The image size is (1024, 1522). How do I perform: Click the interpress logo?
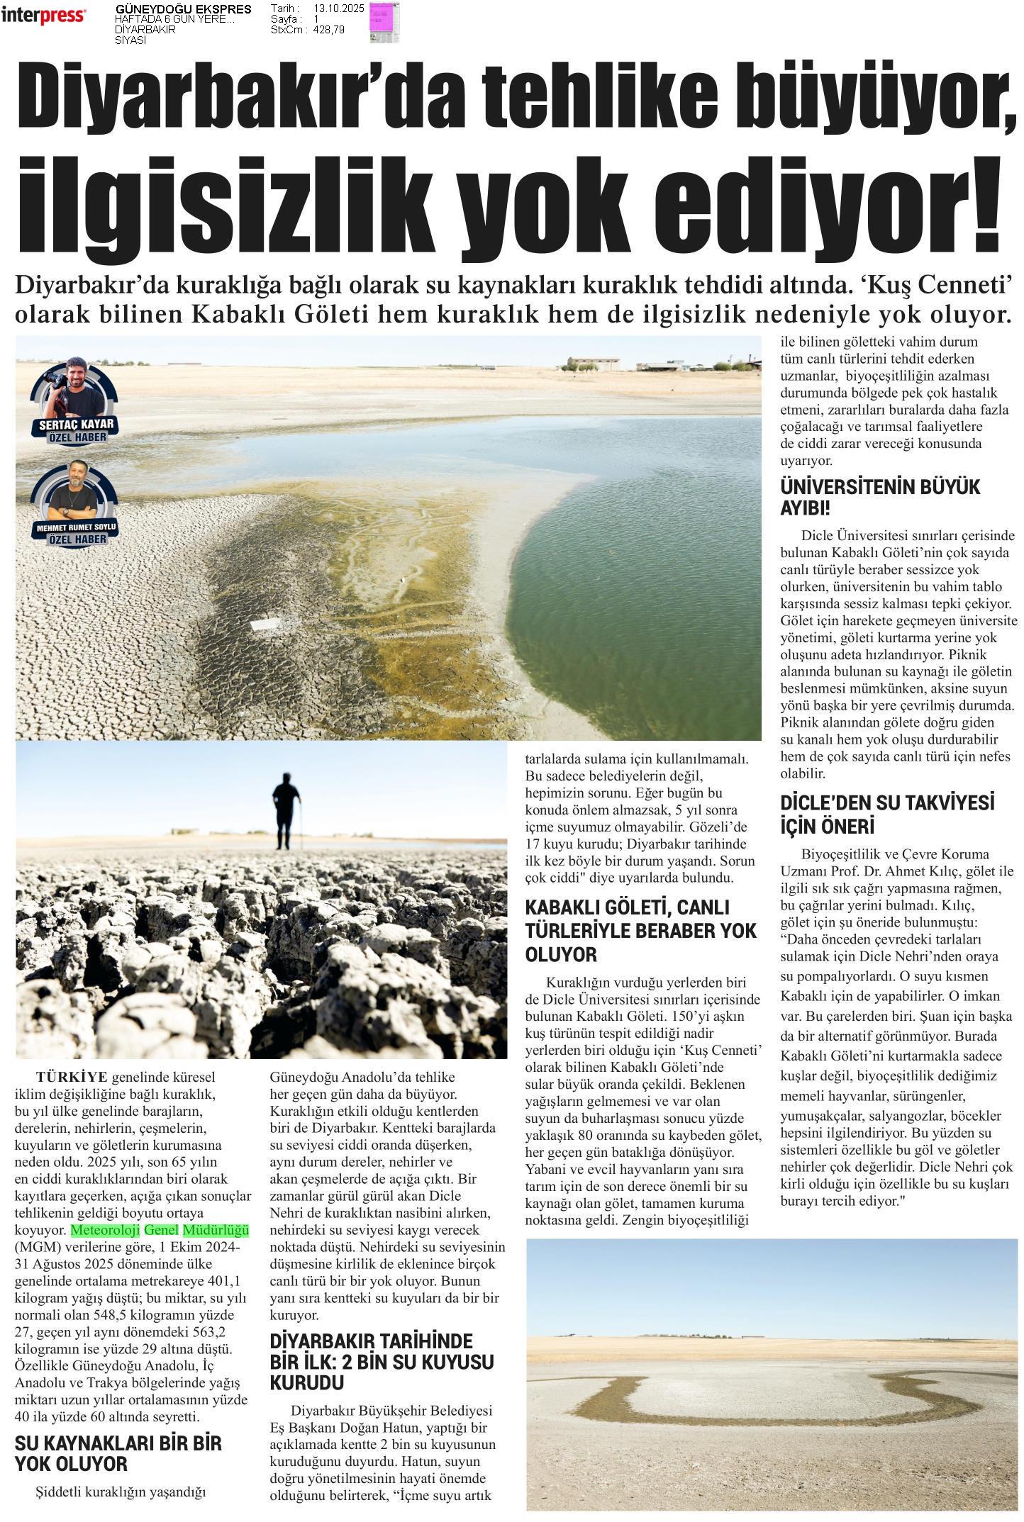coord(44,16)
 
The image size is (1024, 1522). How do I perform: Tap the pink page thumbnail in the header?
coord(384,21)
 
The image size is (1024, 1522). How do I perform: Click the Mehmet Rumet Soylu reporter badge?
coord(74,504)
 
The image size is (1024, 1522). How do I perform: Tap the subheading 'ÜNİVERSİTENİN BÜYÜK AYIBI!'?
coord(879,498)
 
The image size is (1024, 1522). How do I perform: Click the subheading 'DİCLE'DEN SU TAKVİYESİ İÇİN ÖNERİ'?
coord(886,815)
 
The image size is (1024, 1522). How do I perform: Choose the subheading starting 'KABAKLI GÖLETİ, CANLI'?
coord(640,931)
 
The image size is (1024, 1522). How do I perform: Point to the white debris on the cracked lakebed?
coord(265,625)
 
